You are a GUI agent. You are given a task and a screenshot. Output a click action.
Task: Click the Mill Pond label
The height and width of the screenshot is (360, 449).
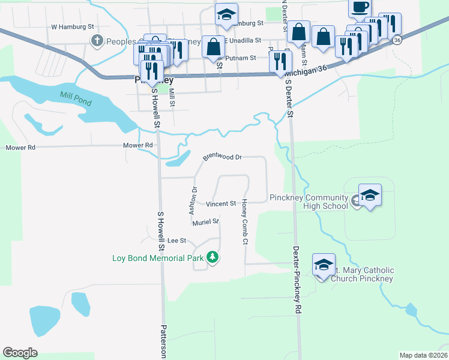(76, 98)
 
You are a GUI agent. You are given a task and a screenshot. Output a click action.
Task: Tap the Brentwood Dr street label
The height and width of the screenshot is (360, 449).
(222, 157)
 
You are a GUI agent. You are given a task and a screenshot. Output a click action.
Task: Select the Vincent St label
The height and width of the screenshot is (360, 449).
(221, 204)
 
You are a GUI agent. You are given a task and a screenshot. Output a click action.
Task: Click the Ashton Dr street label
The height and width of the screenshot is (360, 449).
(193, 201)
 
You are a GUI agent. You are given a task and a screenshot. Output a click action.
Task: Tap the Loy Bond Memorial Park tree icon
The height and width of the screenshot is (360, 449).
(212, 257)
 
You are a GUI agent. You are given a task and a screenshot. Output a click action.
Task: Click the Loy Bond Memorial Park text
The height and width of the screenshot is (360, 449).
(158, 259)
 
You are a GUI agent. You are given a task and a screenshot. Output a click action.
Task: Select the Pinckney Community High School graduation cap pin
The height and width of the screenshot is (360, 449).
(370, 195)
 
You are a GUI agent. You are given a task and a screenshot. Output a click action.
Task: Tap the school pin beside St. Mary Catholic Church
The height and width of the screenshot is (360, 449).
(324, 265)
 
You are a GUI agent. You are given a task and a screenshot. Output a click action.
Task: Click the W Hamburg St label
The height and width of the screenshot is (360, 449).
(73, 27)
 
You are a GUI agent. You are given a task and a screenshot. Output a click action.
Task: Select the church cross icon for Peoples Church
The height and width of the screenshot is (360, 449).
(97, 41)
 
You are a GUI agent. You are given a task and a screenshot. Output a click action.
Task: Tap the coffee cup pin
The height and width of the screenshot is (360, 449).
(360, 7)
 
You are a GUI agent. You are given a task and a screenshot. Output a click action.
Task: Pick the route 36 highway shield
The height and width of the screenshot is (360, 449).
(397, 39)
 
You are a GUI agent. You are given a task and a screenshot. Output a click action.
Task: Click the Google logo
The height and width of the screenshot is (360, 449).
(20, 353)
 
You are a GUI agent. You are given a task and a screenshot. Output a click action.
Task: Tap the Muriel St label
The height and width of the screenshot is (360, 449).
(206, 223)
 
